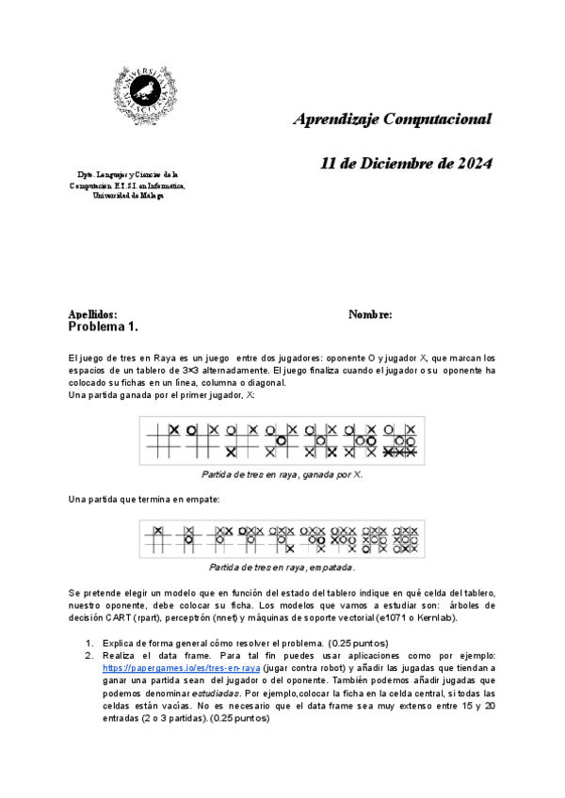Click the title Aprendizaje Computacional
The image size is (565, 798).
(392, 120)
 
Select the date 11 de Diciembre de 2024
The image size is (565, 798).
(406, 163)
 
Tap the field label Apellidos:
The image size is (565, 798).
(92, 314)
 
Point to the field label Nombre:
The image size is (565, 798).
(370, 314)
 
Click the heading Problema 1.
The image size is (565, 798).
(104, 327)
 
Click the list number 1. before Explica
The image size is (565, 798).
(89, 643)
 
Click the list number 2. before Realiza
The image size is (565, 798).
(89, 655)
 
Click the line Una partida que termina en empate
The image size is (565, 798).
(143, 499)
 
